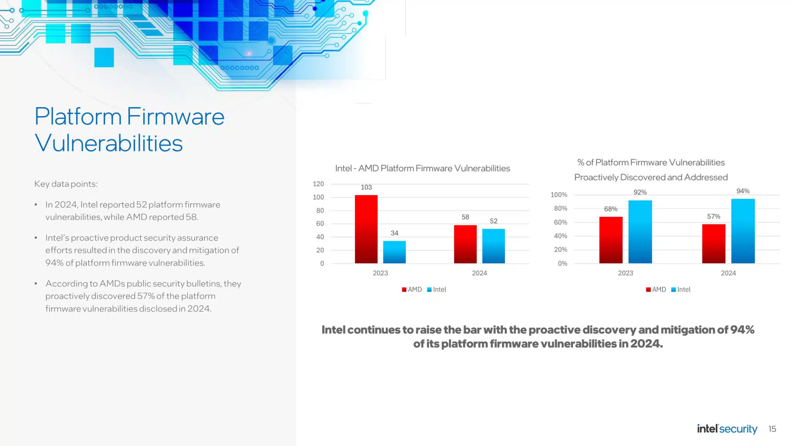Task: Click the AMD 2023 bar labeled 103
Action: (366, 229)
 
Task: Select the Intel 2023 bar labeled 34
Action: (394, 252)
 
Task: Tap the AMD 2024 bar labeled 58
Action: (465, 244)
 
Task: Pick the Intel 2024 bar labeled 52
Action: (493, 246)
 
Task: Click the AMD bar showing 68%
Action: (611, 240)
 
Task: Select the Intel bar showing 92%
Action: (640, 232)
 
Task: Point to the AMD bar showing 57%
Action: (714, 244)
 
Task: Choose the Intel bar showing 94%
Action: (743, 231)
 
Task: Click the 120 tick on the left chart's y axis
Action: (318, 184)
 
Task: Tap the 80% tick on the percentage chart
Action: (560, 208)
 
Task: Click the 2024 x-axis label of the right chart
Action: (728, 273)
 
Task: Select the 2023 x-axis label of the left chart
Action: (380, 273)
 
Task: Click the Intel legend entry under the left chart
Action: (436, 290)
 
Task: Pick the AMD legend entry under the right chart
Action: (656, 290)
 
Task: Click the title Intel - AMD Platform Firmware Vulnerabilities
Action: (422, 168)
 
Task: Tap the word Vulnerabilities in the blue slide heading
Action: (108, 143)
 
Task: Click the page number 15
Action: (772, 429)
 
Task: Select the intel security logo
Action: (727, 429)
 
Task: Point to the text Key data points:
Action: (66, 184)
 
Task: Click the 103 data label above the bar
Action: (366, 187)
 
